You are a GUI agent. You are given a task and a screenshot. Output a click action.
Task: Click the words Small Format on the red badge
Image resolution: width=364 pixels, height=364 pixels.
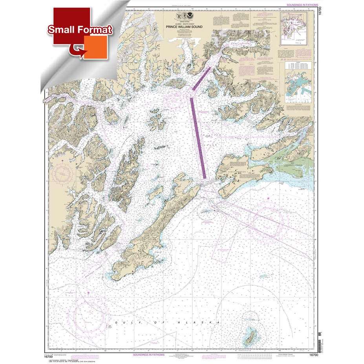[80, 29]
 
